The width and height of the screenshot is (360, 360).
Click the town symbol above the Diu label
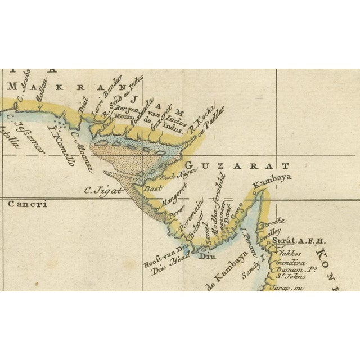[x=203, y=248]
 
